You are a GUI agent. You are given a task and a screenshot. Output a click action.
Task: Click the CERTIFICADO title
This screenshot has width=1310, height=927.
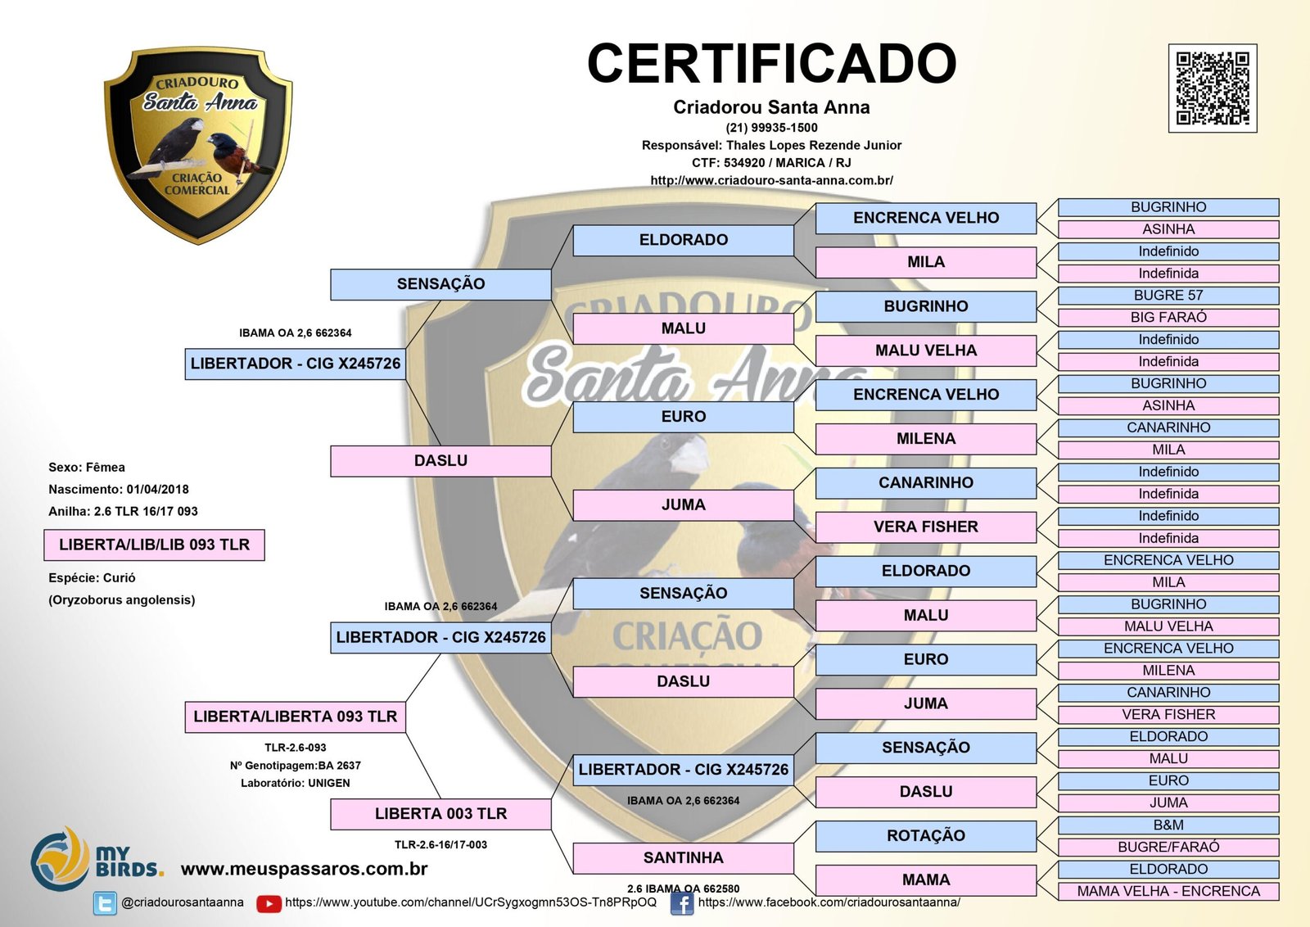point(771,64)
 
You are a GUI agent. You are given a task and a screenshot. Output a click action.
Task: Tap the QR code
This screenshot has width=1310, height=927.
point(1212,88)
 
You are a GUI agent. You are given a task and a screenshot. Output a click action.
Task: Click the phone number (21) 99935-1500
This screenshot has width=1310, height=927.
point(771,128)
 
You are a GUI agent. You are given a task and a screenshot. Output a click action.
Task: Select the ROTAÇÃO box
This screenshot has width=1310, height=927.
point(925,836)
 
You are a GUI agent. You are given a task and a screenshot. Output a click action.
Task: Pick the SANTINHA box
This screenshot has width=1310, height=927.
point(683,857)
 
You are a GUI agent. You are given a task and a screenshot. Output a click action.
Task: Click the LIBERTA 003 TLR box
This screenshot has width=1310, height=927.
point(440,814)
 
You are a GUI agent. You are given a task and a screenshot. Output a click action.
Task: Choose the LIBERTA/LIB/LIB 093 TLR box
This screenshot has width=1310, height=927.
point(154,545)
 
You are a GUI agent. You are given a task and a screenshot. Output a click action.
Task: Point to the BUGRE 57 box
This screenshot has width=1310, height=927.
point(1168,296)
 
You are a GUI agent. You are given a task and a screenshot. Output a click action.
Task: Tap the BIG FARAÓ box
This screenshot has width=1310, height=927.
point(1168,318)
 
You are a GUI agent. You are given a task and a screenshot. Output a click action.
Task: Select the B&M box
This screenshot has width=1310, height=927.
point(1168,825)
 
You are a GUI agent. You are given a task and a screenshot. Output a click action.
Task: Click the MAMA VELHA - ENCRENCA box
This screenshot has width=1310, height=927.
point(1168,892)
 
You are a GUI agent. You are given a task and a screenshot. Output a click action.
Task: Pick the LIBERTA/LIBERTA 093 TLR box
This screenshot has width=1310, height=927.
point(295,717)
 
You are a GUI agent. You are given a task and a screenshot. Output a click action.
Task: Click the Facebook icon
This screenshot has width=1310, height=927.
point(681,903)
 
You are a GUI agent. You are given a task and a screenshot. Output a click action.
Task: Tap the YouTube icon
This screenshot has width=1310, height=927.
point(269,903)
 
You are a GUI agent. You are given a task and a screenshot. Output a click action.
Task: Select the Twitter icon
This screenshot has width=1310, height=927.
point(105,903)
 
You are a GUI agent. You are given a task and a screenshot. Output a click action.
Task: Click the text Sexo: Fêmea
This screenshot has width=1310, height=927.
point(87,468)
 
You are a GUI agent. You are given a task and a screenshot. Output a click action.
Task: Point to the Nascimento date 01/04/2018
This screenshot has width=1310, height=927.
point(157,490)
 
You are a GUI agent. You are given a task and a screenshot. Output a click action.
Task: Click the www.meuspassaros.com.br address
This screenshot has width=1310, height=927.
point(304,869)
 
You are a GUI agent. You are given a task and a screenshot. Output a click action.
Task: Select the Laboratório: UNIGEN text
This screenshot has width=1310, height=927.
point(295,784)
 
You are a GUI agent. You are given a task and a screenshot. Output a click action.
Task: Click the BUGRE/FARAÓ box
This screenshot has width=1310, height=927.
point(1168,848)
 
